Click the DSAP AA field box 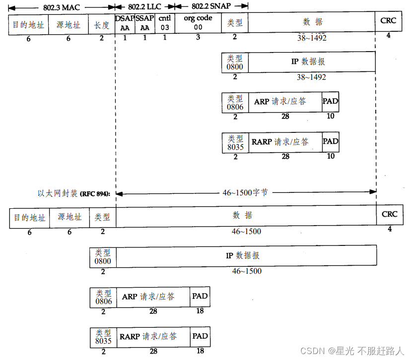coord(125,23)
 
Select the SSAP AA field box coord(144,23)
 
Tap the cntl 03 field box coord(164,23)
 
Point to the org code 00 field coord(198,23)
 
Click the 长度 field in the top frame coord(101,24)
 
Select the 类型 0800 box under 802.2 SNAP coord(235,62)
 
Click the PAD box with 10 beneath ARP coord(331,102)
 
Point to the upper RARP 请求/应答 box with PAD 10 coord(285,142)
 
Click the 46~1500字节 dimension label coord(245,192)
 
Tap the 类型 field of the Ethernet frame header coord(102,218)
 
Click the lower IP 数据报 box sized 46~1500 coord(246,256)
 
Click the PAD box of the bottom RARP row coord(200,337)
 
